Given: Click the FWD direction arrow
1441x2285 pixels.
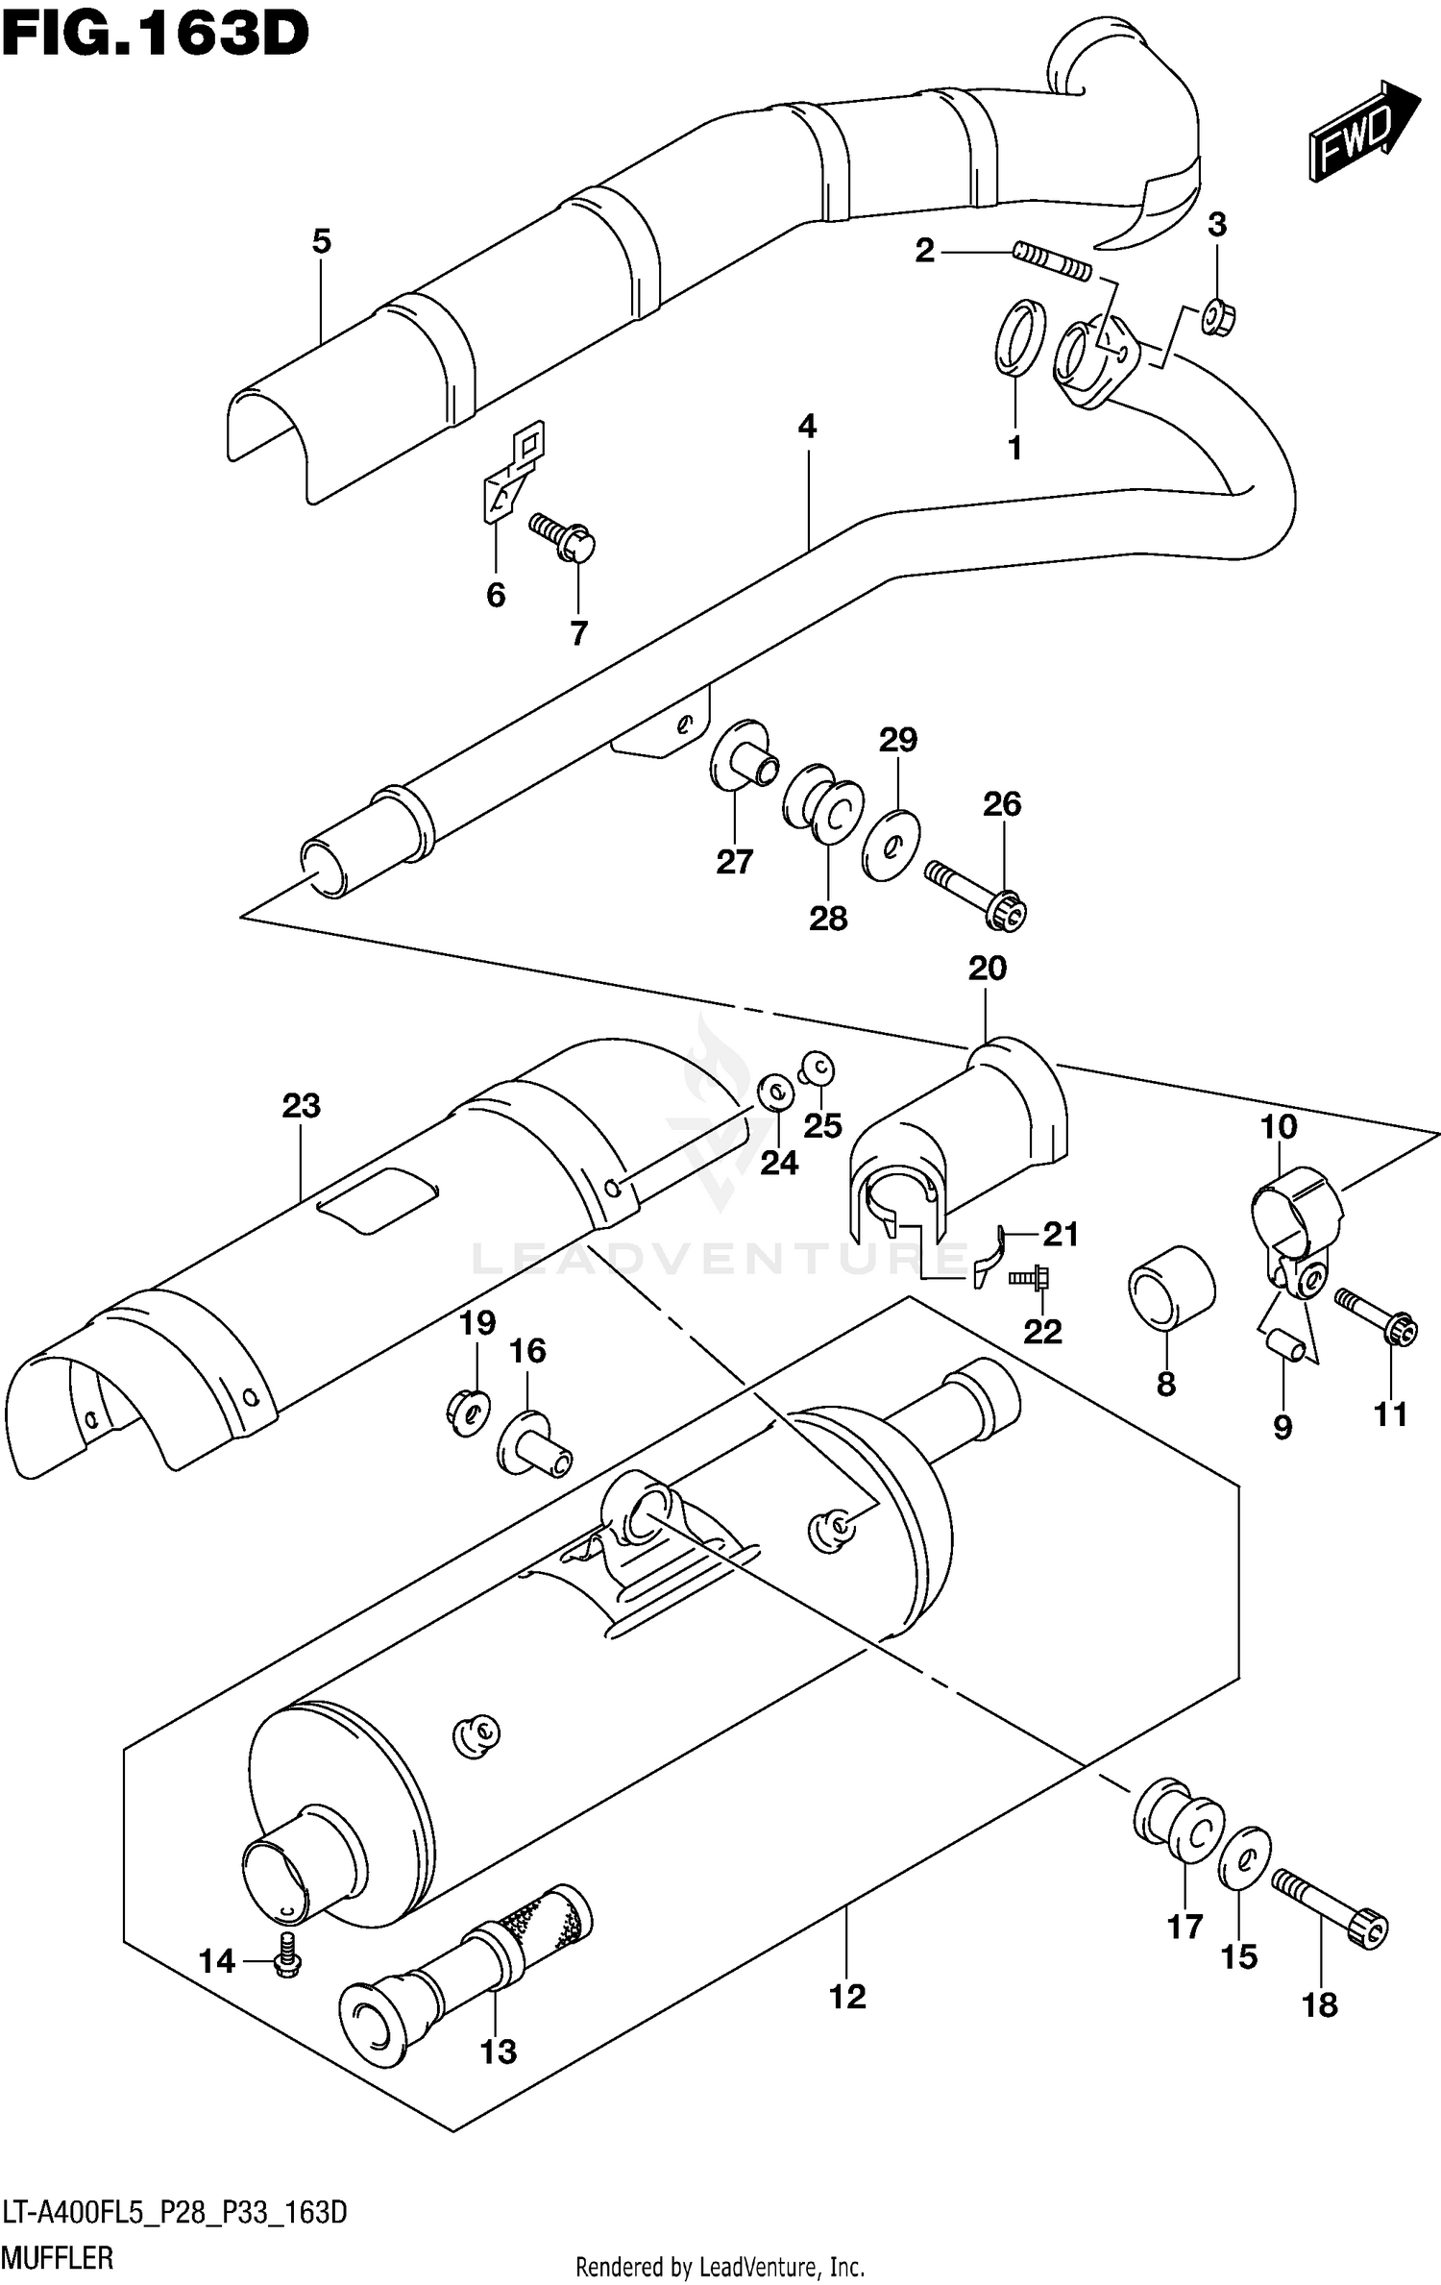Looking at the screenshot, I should point(1362,132).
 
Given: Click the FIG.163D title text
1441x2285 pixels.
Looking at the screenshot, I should point(155,37).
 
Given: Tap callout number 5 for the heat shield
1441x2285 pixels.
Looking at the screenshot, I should point(321,241).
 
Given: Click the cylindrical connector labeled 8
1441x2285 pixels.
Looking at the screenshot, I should point(1171,1290).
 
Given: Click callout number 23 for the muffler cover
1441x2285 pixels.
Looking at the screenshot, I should point(301,1106).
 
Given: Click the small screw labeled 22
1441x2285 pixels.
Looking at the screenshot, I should point(1031,1278).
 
